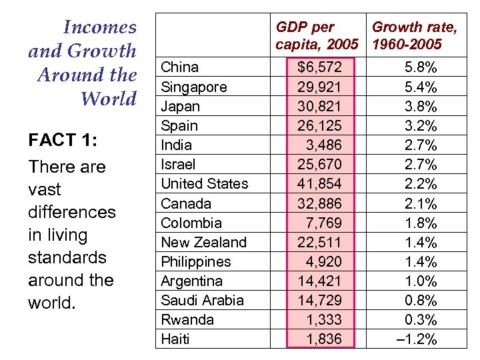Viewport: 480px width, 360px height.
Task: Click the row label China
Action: coord(180,67)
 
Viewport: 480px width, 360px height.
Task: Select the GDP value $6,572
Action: coord(319,67)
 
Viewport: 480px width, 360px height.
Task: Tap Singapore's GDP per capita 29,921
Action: coord(319,87)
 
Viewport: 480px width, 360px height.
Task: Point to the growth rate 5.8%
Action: coord(421,67)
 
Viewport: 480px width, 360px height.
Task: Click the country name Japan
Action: coord(181,106)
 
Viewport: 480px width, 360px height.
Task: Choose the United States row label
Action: coord(204,183)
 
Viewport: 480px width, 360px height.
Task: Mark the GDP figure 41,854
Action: coord(319,183)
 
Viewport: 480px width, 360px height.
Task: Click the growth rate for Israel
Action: coord(421,164)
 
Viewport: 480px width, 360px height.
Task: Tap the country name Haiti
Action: coord(175,339)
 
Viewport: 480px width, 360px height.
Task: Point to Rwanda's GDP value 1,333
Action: coord(323,319)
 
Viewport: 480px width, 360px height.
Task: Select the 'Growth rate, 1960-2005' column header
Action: coord(415,36)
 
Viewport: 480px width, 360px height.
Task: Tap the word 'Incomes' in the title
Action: coord(99,27)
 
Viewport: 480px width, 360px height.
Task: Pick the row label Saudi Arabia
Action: coord(203,300)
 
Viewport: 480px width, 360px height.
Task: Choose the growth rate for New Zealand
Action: coord(421,242)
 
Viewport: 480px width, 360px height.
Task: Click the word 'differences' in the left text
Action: coord(71,212)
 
